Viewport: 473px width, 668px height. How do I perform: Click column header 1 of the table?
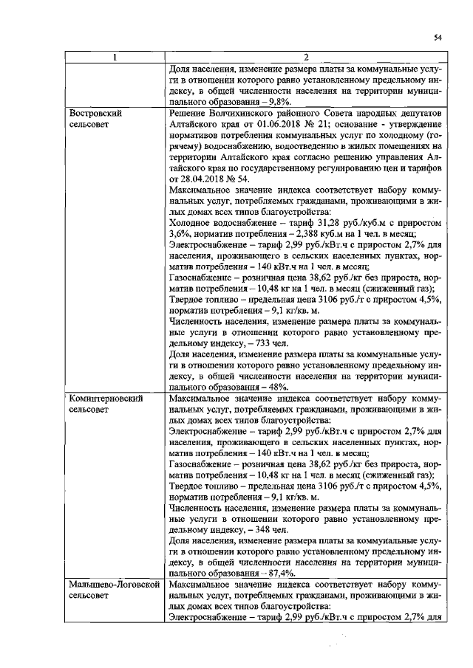(x=114, y=58)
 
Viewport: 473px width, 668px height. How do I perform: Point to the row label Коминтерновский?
(x=106, y=397)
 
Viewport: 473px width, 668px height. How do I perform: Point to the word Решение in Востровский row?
(x=189, y=114)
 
